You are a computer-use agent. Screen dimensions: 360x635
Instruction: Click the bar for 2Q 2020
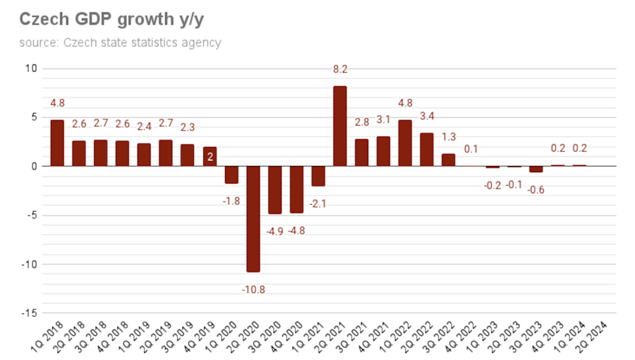(253, 219)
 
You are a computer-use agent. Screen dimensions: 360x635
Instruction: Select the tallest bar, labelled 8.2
(339, 126)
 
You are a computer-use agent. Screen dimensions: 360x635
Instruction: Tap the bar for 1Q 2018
(57, 143)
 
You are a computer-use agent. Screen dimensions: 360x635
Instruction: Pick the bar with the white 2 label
(210, 156)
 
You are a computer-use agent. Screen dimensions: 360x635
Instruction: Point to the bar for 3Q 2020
(274, 190)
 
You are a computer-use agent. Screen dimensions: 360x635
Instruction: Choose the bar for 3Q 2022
(448, 160)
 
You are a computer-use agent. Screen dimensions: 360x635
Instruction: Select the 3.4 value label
(427, 116)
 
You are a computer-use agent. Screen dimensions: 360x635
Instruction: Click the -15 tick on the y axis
(30, 313)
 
